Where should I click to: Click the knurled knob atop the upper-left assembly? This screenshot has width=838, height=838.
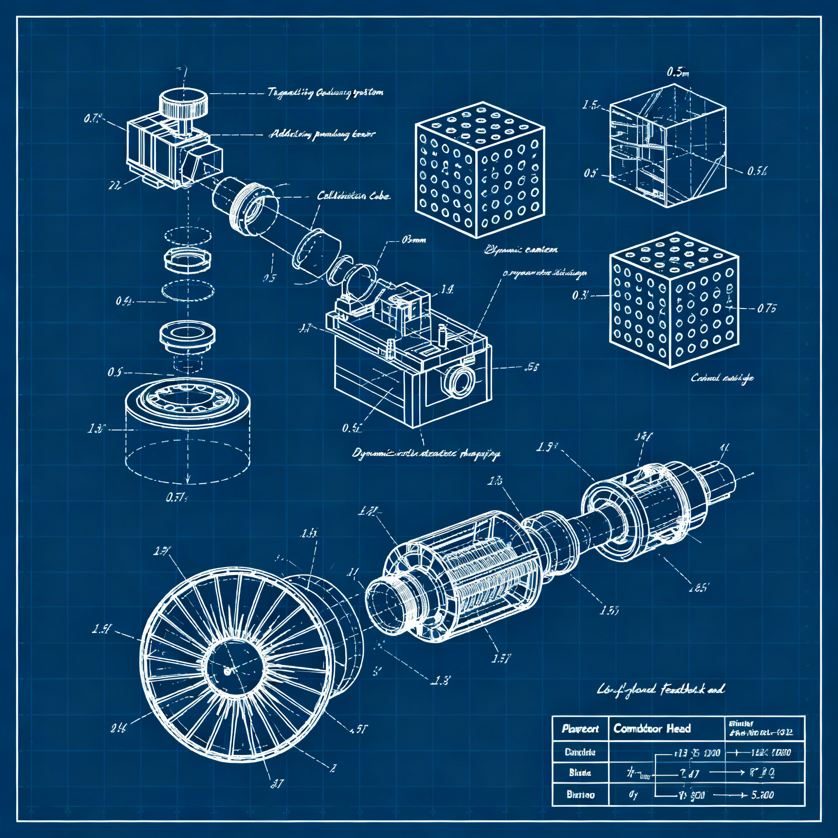pyautogui.click(x=184, y=103)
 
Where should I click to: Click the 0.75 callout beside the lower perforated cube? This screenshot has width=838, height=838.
pyautogui.click(x=766, y=309)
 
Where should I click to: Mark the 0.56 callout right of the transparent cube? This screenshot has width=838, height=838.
pyautogui.click(x=757, y=171)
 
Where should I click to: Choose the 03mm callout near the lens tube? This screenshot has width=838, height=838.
pyautogui.click(x=413, y=239)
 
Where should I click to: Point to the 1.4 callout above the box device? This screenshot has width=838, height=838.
pyautogui.click(x=447, y=289)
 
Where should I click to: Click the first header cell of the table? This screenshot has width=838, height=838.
pyautogui.click(x=580, y=728)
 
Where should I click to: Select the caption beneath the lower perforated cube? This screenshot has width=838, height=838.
pyautogui.click(x=722, y=378)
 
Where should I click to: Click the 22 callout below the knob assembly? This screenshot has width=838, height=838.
pyautogui.click(x=114, y=186)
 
